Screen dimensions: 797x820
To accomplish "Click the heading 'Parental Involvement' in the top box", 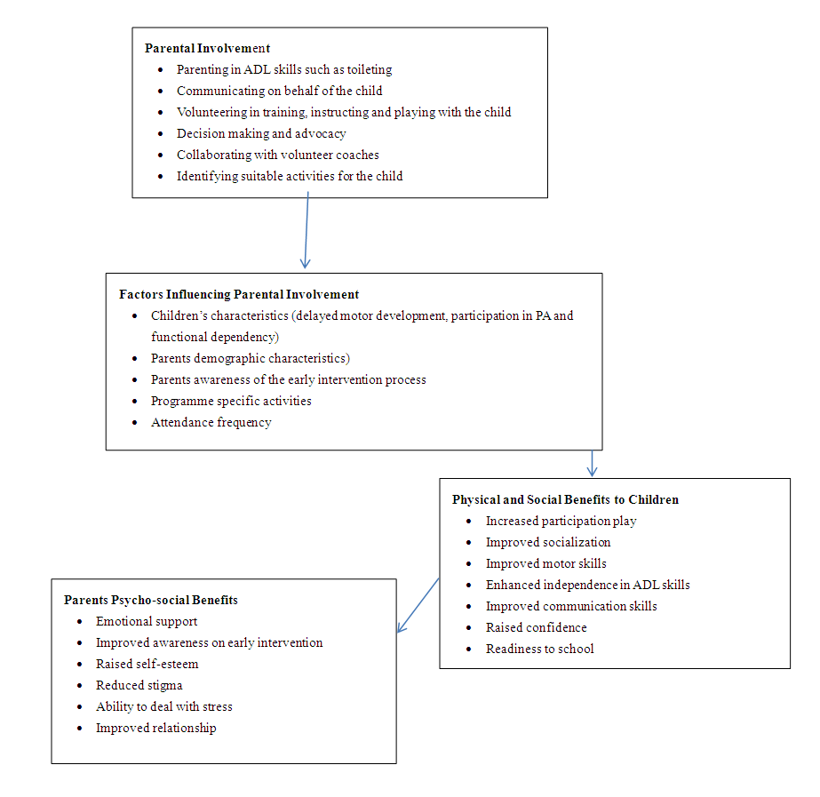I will [207, 48].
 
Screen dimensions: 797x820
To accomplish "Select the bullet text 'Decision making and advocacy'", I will [261, 133].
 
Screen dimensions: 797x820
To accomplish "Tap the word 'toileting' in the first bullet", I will [365, 69].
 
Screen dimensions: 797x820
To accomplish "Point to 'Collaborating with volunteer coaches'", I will [278, 155].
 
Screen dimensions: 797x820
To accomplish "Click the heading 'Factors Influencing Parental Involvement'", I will [239, 294].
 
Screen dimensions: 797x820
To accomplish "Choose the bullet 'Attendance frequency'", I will [211, 422].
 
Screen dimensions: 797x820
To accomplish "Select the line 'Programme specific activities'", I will [231, 401].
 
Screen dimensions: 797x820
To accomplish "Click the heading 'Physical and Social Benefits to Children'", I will [565, 499].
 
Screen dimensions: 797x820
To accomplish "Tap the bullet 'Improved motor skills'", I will [545, 563].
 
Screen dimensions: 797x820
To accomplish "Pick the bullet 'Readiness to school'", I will [539, 649].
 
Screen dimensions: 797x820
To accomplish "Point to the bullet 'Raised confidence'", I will [536, 627].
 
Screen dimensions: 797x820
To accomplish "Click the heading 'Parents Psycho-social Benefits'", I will [151, 600].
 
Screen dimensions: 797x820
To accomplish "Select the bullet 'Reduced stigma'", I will [139, 685].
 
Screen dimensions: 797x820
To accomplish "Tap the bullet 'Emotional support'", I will [147, 621].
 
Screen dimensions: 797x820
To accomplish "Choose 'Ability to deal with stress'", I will [164, 706].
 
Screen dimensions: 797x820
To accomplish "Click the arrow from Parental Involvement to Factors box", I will [307, 231].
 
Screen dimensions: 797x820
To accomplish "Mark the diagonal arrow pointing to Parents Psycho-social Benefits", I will [418, 604].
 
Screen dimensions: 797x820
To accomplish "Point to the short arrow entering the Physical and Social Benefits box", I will [593, 463].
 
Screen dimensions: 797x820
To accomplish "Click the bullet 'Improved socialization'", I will [547, 542].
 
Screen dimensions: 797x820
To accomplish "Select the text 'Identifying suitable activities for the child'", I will [290, 176].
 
